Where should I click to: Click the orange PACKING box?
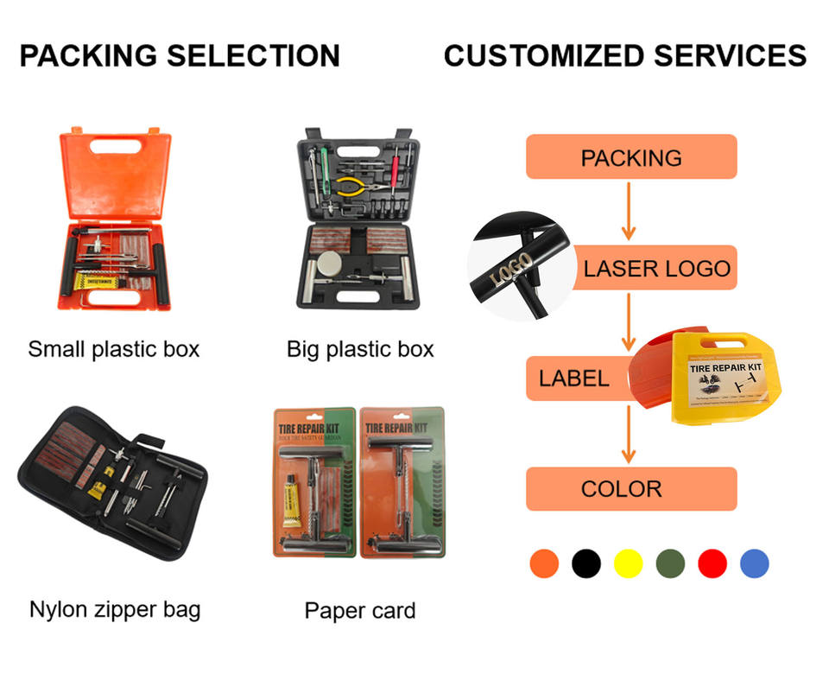coord(631,157)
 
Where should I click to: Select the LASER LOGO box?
coord(657,268)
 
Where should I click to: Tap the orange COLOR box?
coord(631,488)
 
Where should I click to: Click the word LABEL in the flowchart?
coord(573,378)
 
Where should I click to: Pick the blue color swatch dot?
coord(754,563)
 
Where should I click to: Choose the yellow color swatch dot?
coord(628,563)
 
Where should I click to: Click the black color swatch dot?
coord(585,563)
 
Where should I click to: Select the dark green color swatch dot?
coord(670,563)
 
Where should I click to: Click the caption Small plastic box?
coord(114,349)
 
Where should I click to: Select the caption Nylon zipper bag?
coord(115,609)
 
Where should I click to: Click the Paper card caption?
coord(359,611)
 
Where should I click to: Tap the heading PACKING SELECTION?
coord(180,56)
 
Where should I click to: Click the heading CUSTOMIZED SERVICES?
coord(624,56)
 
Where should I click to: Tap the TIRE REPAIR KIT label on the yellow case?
coord(726,367)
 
